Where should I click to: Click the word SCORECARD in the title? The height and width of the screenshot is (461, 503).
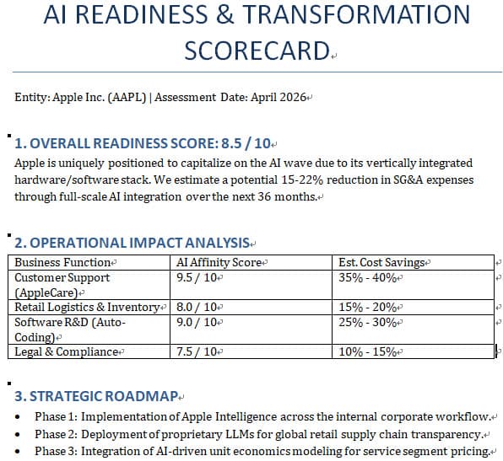click(255, 51)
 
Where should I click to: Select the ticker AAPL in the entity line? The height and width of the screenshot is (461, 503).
click(129, 97)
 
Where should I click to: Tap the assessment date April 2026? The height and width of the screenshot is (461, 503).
click(279, 97)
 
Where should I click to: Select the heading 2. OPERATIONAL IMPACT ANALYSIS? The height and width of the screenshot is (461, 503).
click(132, 243)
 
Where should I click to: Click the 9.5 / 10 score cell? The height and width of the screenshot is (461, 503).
click(197, 277)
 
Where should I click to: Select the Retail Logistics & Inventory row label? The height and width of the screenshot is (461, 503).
click(87, 308)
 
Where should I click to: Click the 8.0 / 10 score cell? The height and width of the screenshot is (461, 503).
click(197, 308)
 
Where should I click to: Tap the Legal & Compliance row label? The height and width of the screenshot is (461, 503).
click(66, 351)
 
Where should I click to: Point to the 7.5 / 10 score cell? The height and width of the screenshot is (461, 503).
click(197, 351)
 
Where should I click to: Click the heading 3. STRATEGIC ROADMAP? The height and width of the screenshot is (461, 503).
click(96, 395)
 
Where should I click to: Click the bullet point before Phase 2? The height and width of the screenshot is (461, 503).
click(19, 435)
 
